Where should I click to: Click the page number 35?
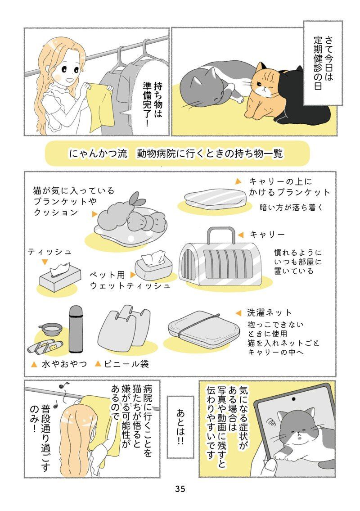pos(180,488)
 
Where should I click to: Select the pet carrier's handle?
pos(221,234)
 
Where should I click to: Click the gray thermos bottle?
pos(76,329)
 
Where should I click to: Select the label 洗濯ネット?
pos(269,312)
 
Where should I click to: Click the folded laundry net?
pos(204,330)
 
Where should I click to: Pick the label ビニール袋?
pos(126,364)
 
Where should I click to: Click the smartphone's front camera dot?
pos(293,399)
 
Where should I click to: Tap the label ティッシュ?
pos(49,252)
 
